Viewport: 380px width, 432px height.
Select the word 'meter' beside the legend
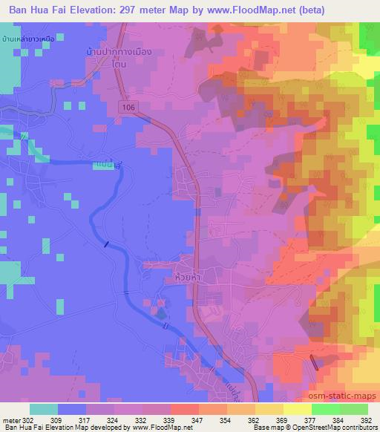tap(11, 419)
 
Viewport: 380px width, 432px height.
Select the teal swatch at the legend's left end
tap(44, 409)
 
